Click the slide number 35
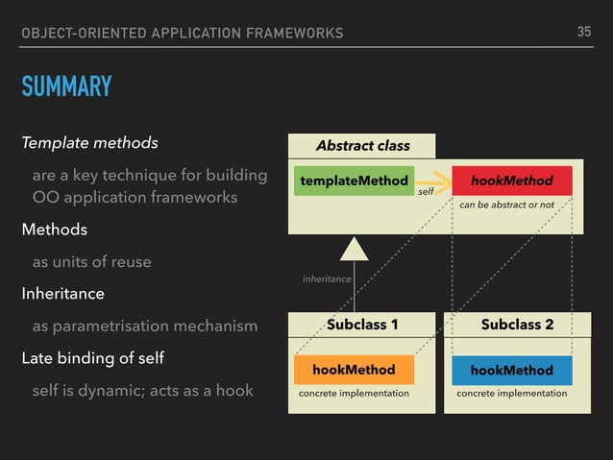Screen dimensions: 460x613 pos(584,32)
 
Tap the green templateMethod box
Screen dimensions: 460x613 pos(353,181)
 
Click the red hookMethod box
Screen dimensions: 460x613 pos(512,181)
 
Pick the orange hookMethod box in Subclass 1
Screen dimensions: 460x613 pos(353,370)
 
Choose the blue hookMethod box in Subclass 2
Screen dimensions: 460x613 pos(512,370)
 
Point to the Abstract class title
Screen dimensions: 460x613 pos(363,146)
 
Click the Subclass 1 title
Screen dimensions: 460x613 pos(363,325)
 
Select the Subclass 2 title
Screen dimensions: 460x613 pos(517,325)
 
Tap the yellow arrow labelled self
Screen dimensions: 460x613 pos(431,180)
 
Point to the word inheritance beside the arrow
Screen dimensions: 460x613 pos(327,278)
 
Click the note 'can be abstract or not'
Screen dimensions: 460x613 pos(506,205)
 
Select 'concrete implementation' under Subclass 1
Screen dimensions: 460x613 pos(354,394)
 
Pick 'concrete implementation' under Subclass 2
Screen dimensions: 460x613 pos(512,394)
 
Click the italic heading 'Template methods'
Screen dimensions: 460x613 pos(90,144)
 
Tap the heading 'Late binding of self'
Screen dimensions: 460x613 pos(92,358)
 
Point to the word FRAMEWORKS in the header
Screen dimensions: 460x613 pos(293,34)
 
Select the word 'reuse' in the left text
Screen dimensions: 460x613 pos(131,261)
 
